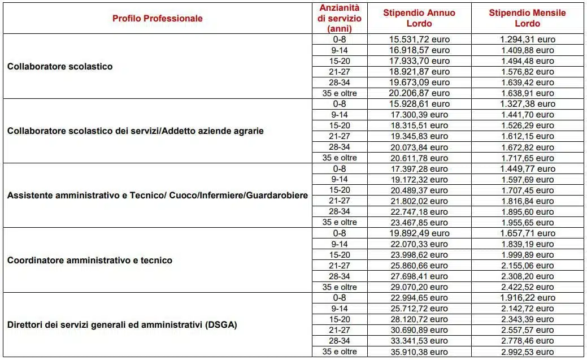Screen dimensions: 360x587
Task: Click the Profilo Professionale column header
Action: pyautogui.click(x=157, y=18)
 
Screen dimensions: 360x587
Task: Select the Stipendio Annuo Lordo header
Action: pyautogui.click(x=419, y=18)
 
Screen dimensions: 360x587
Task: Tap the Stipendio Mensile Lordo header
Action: pyautogui.click(x=527, y=18)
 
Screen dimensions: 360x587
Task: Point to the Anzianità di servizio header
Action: pyautogui.click(x=340, y=18)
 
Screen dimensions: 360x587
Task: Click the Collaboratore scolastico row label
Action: pyautogui.click(x=60, y=66)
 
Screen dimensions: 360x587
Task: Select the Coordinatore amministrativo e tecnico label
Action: pyautogui.click(x=89, y=261)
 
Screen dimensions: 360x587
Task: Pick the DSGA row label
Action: pyautogui.click(x=122, y=325)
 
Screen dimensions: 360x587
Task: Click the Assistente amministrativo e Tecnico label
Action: pyautogui.click(x=157, y=196)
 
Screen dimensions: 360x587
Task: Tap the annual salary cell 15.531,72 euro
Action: pyautogui.click(x=419, y=40)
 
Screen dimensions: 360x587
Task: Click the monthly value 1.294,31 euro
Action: pyautogui.click(x=527, y=40)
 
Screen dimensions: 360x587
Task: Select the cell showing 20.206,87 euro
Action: pyautogui.click(x=419, y=93)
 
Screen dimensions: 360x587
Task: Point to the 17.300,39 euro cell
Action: pyautogui.click(x=419, y=115)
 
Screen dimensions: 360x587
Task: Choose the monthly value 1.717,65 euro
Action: pyautogui.click(x=527, y=158)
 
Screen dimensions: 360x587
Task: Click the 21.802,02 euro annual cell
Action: pyautogui.click(x=419, y=201)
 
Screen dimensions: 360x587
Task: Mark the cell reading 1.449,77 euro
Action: pyautogui.click(x=527, y=168)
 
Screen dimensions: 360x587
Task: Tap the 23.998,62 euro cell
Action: pyautogui.click(x=419, y=255)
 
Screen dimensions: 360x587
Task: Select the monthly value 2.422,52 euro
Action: pyautogui.click(x=527, y=287)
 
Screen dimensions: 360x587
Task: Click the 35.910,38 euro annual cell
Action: pyautogui.click(x=419, y=352)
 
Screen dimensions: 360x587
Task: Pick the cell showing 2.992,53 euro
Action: pyautogui.click(x=527, y=352)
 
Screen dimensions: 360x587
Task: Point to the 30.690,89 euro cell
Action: pyautogui.click(x=419, y=330)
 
